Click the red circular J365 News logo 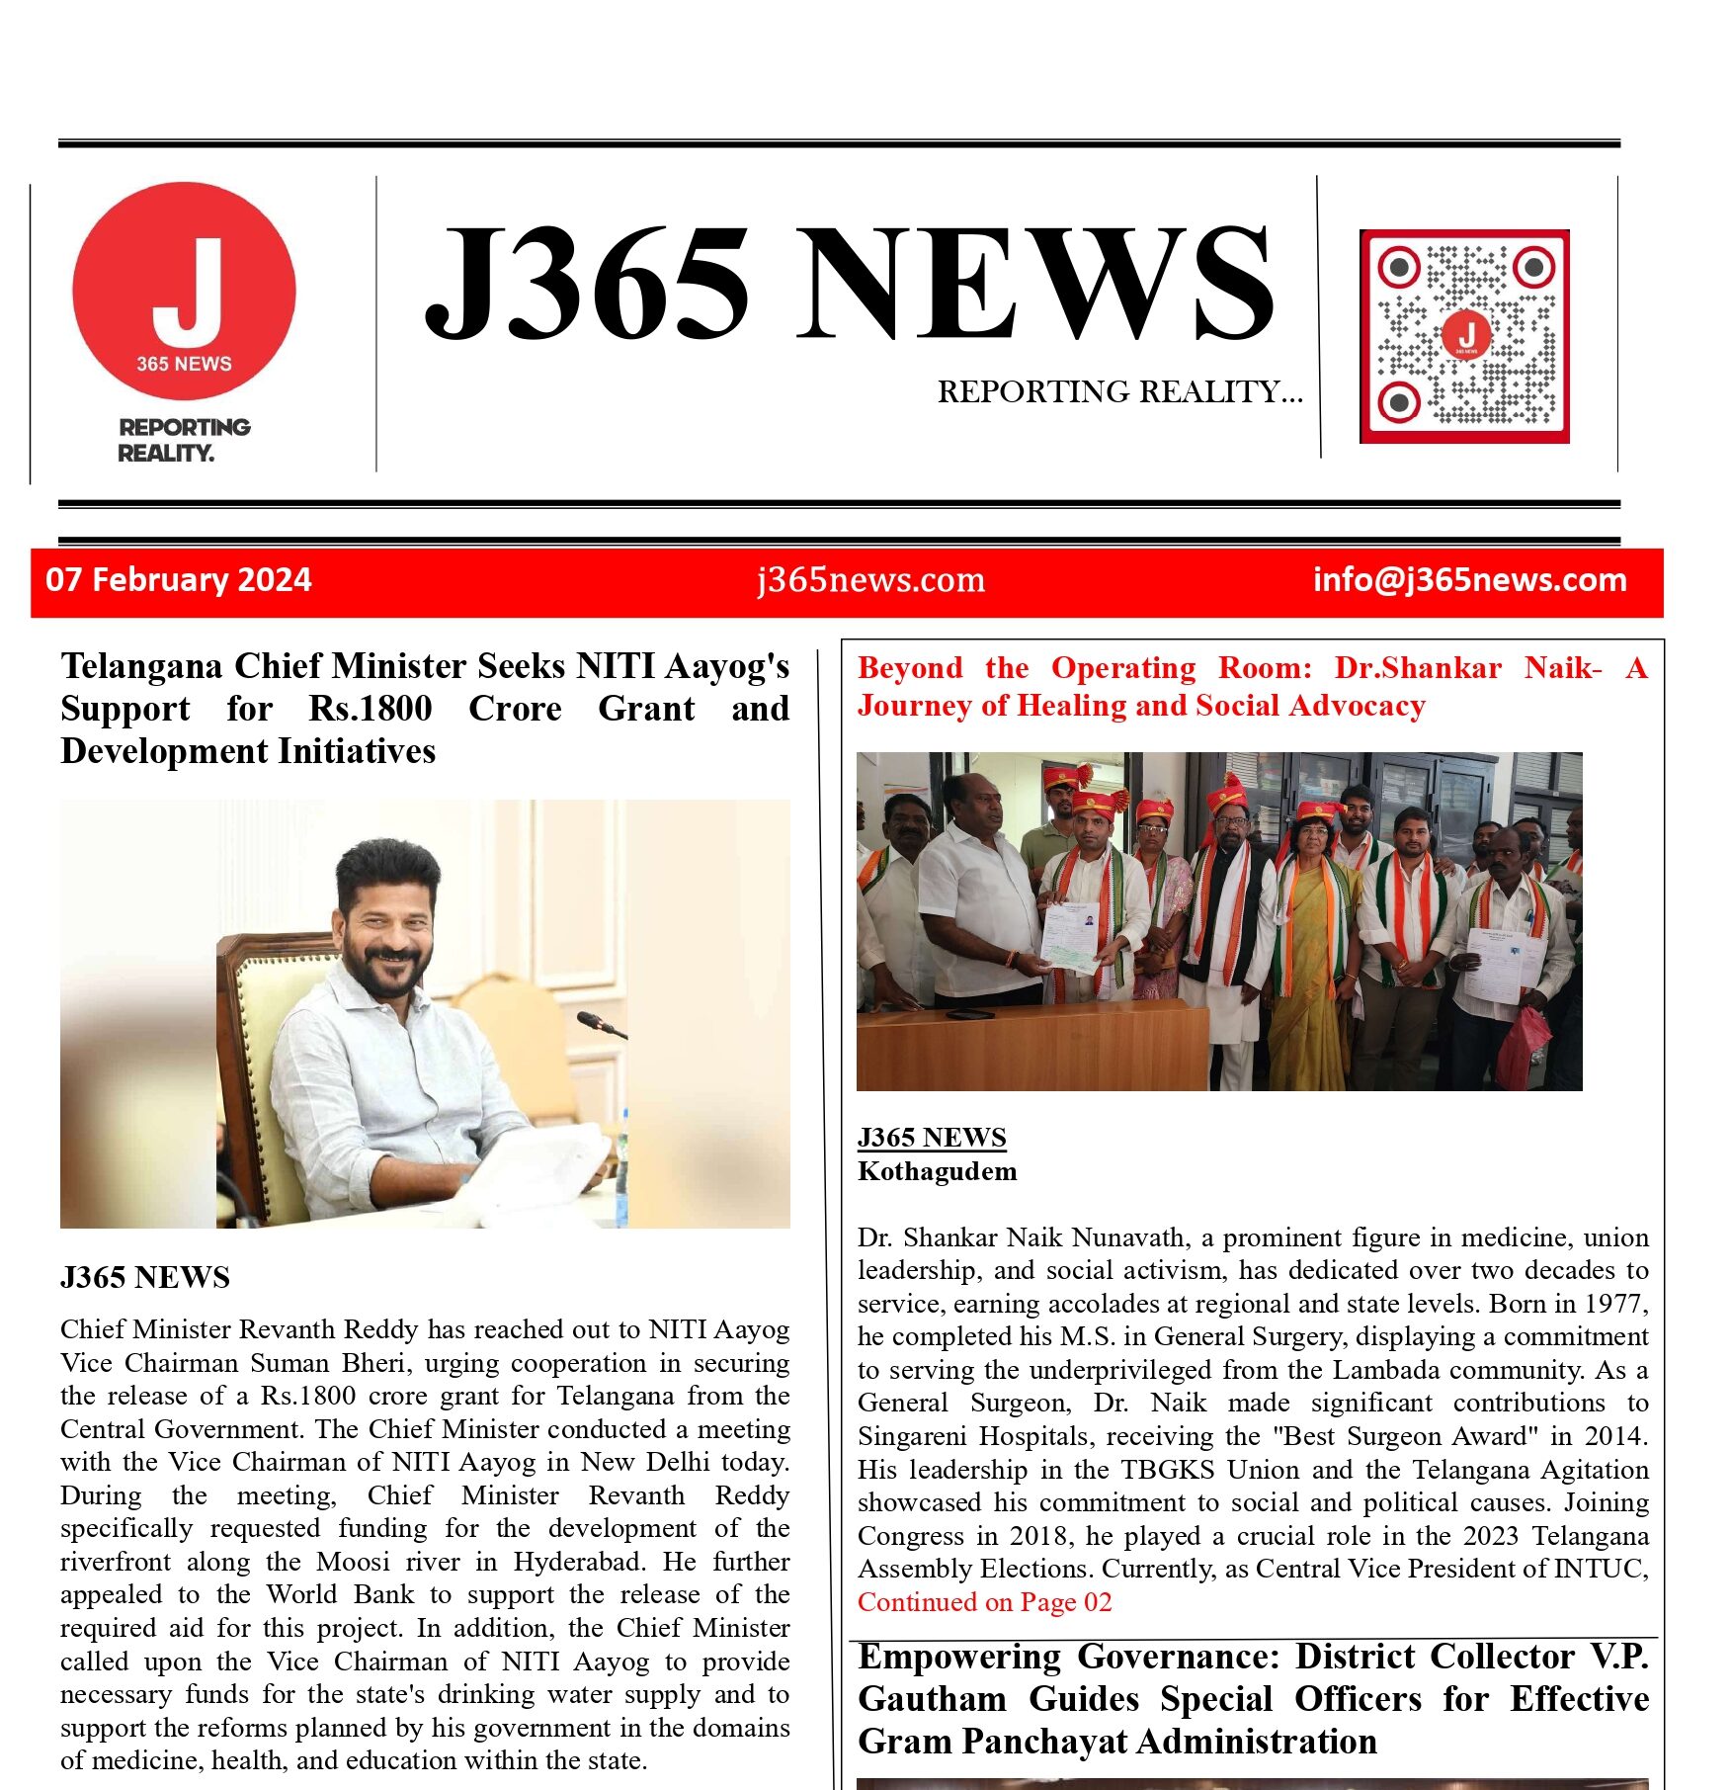coord(184,291)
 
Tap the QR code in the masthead coord(1464,336)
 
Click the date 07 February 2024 coord(178,579)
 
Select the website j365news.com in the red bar coord(870,579)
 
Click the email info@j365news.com coord(1469,579)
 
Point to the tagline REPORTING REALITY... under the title coord(1119,391)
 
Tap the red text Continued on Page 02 coord(984,1601)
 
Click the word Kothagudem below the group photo coord(937,1171)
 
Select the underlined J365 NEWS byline coord(932,1137)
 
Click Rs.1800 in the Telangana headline coord(371,709)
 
